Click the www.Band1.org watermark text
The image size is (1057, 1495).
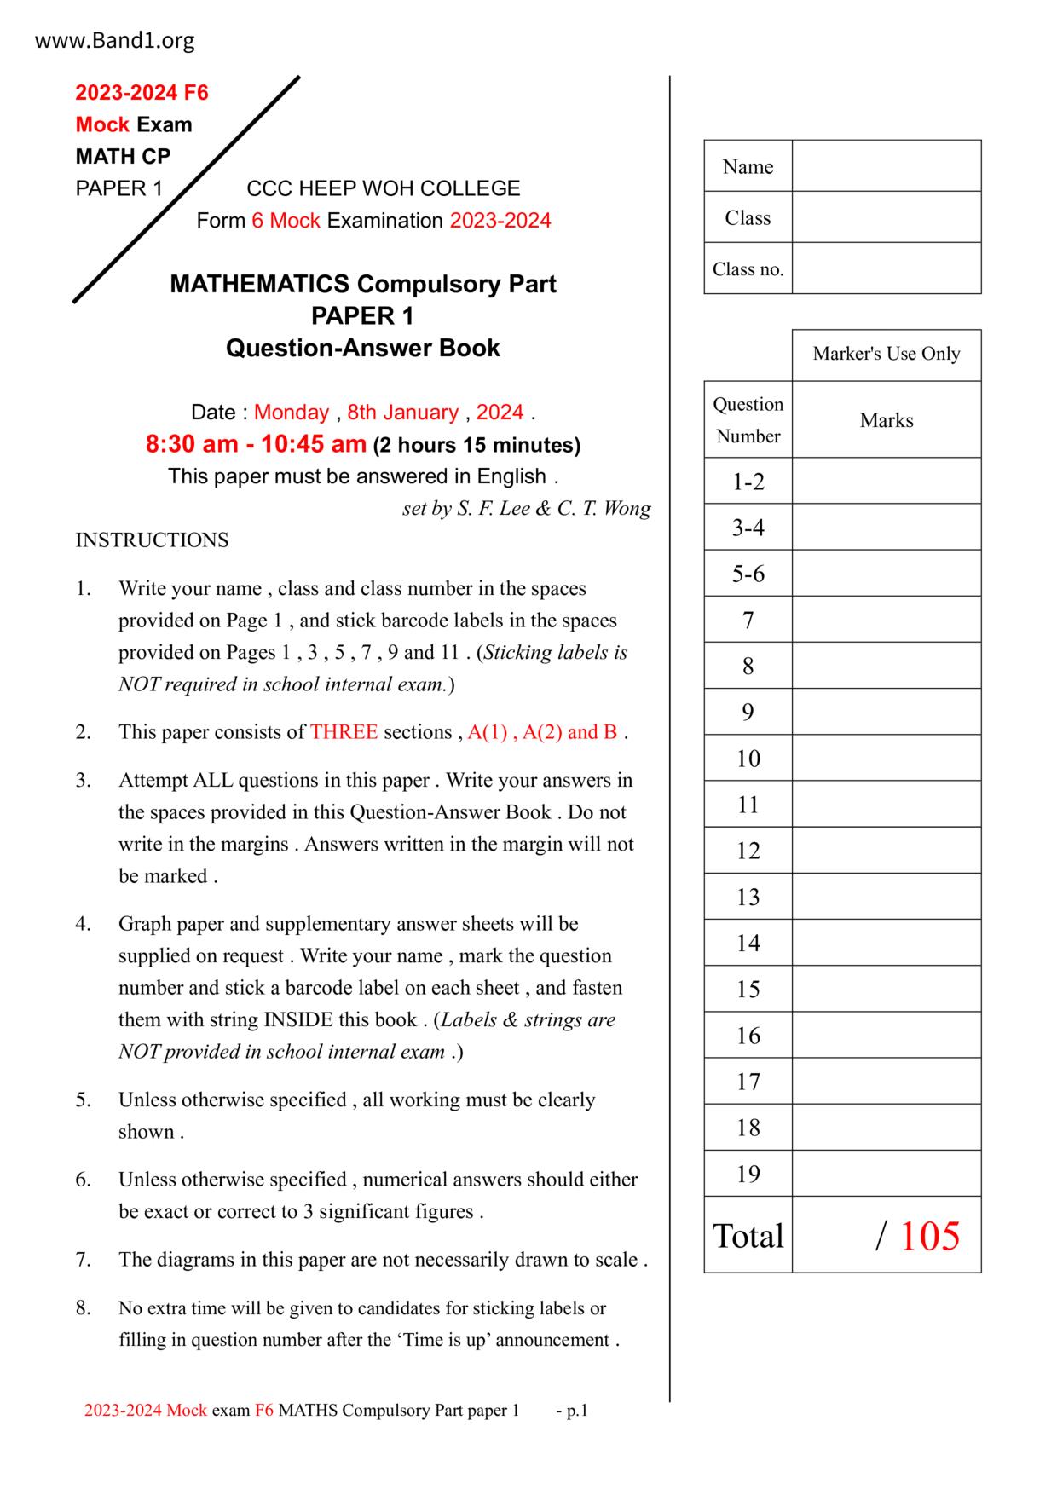114,40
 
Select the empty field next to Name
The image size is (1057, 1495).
886,166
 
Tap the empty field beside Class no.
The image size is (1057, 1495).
886,268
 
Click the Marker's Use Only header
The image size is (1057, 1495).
886,354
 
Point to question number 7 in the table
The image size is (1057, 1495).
748,620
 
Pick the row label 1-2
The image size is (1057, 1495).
748,482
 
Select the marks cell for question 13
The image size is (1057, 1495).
886,897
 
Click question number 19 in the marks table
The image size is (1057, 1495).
748,1174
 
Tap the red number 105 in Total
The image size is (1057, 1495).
929,1236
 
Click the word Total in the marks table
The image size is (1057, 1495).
748,1236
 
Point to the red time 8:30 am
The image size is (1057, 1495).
192,444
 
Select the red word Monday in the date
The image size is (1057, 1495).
291,413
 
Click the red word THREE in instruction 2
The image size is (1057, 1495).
344,732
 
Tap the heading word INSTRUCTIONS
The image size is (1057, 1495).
152,540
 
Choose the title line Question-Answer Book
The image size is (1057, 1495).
362,348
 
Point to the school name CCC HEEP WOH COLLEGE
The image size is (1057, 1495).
383,188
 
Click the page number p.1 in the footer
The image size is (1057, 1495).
577,1411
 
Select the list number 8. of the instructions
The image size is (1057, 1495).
83,1307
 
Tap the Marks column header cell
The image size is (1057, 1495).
886,420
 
